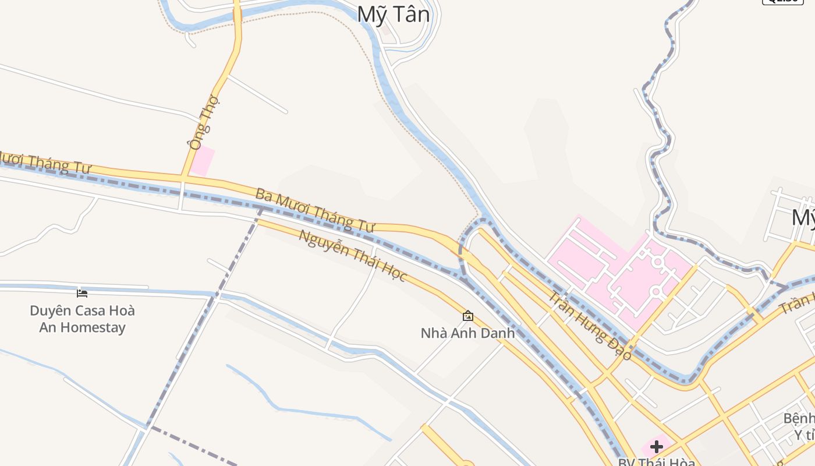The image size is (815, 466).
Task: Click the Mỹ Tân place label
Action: tap(394, 15)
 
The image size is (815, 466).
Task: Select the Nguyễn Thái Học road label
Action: tap(352, 256)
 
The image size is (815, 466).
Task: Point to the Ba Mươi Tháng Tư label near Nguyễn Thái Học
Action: tap(314, 210)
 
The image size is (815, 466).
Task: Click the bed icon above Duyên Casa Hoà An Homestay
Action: tap(82, 293)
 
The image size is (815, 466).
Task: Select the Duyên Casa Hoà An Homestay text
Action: tap(82, 319)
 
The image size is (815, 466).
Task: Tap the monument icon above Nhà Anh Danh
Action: tap(467, 316)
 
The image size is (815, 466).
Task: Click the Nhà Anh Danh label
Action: tap(467, 333)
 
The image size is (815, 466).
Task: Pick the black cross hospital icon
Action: tap(657, 447)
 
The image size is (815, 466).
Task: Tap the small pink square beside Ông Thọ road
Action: tap(203, 161)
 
